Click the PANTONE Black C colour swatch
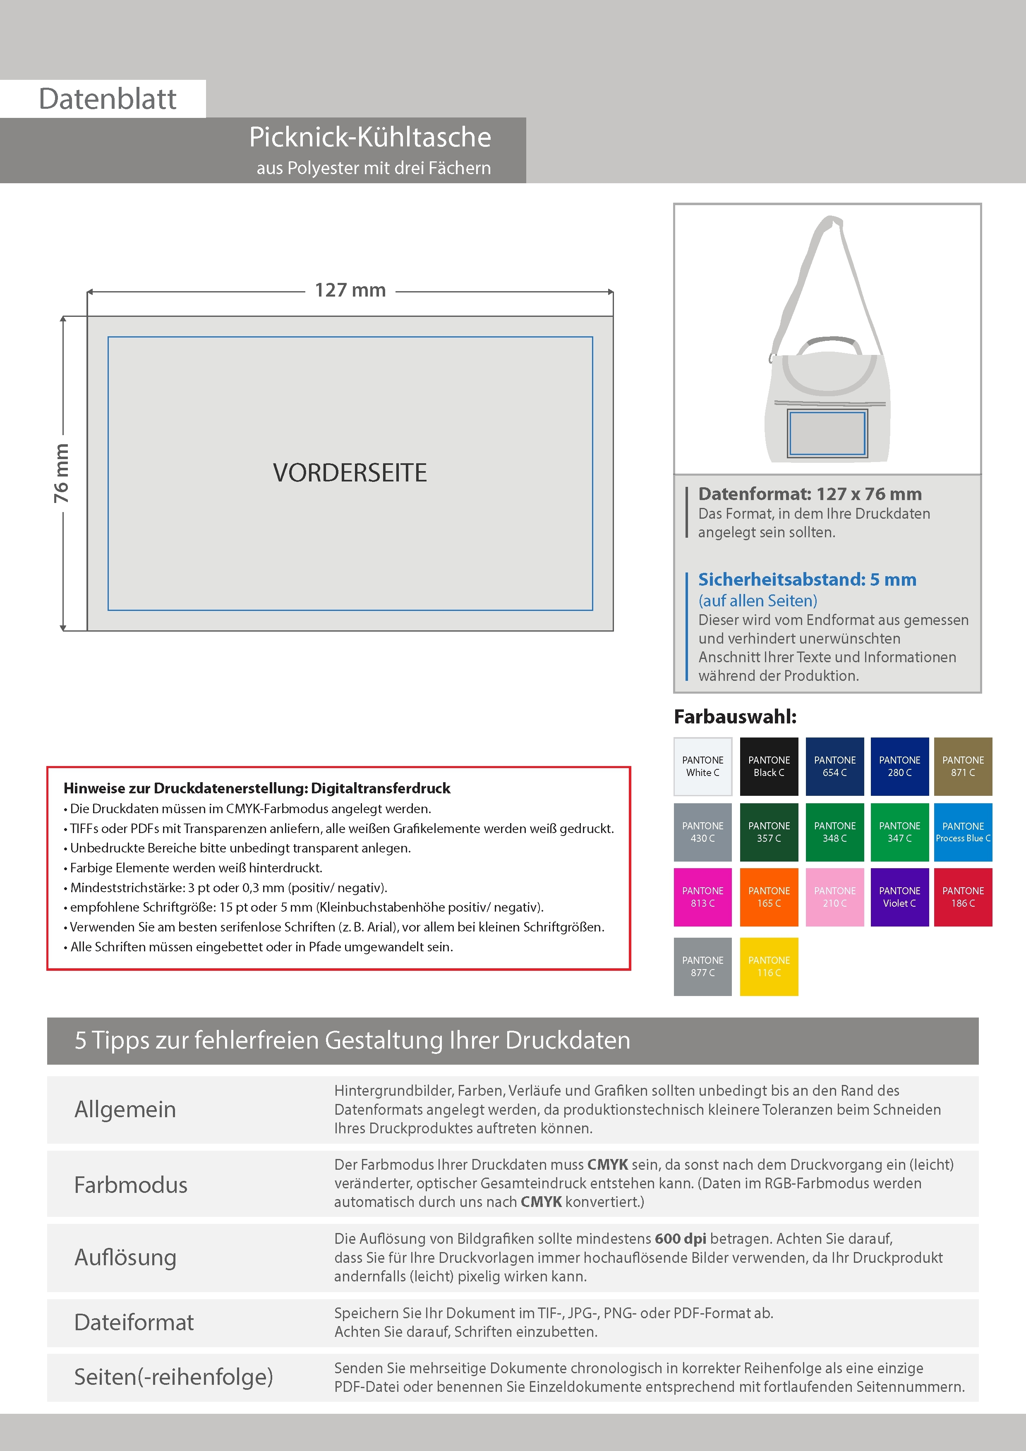coord(769,766)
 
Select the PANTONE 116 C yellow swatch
coord(769,966)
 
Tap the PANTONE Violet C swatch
coord(899,897)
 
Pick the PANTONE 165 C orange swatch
coord(769,897)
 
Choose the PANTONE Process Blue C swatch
coord(963,832)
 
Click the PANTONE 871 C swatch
coord(963,766)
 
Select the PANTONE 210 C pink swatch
coord(834,897)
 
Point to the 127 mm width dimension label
coord(350,290)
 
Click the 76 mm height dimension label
coord(61,473)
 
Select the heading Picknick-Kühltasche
coord(370,137)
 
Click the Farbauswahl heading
coord(735,717)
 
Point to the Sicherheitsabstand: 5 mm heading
coord(807,579)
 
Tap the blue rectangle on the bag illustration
coord(827,433)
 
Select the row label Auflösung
coord(125,1257)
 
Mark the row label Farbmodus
coord(131,1184)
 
